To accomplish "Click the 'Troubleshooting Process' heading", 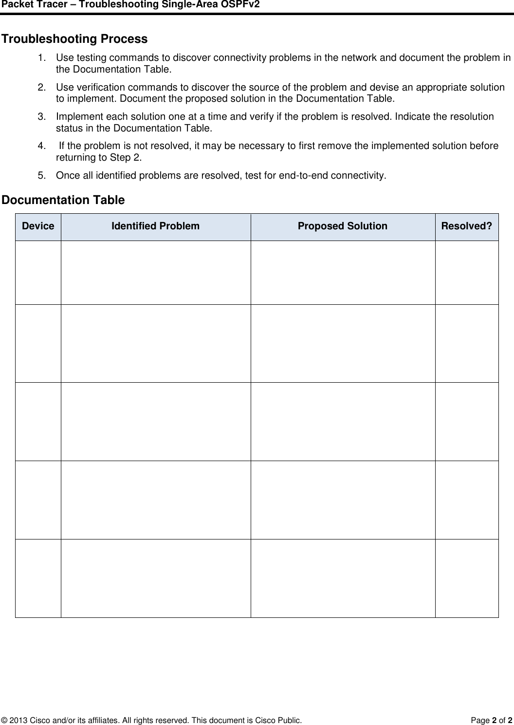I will click(x=74, y=39).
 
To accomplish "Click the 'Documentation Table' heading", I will click(x=63, y=200).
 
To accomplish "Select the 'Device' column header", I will click(x=38, y=226).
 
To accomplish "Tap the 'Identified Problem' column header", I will click(x=155, y=226).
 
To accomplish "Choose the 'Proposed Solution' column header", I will click(x=343, y=226).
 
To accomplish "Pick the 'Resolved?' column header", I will click(x=466, y=226).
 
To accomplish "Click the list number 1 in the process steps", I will click(x=42, y=58).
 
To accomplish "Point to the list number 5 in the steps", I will click(x=42, y=175).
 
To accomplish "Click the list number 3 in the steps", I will click(x=42, y=117).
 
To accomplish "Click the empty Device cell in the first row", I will click(x=38, y=273).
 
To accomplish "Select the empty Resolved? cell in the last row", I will click(x=466, y=578).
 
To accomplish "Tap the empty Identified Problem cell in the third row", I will click(x=155, y=422).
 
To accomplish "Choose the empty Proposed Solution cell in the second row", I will click(x=343, y=343).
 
